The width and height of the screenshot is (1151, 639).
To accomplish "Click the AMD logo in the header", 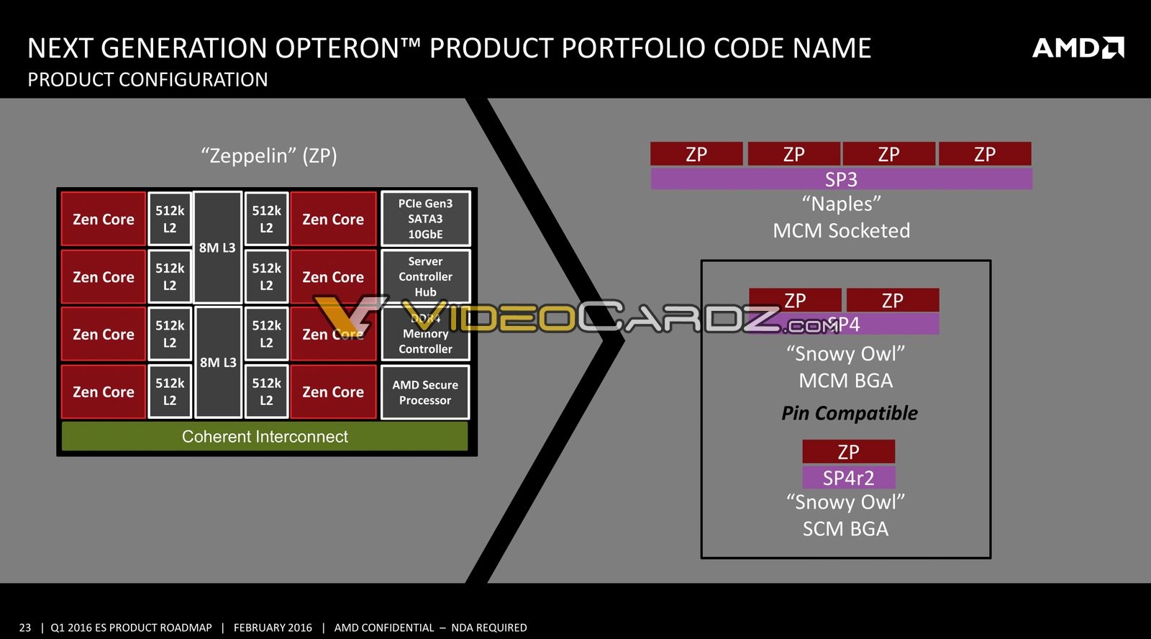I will (x=1078, y=48).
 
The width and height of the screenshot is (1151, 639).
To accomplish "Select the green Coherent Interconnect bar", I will (x=265, y=436).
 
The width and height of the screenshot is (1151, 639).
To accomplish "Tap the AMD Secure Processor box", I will (x=425, y=392).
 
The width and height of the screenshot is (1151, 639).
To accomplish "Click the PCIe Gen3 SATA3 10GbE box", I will (x=425, y=219).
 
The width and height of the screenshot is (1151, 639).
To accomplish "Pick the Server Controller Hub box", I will (x=425, y=276).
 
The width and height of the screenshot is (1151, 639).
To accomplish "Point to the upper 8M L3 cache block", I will (x=217, y=247).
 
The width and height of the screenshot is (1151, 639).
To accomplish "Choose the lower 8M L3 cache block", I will (x=218, y=362).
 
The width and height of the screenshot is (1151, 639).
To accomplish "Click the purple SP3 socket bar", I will (x=841, y=178).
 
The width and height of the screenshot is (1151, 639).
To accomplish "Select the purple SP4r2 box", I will (x=848, y=478).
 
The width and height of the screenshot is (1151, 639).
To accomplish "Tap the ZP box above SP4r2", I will (x=848, y=452).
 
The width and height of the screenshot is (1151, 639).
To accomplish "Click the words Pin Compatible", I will (x=849, y=413).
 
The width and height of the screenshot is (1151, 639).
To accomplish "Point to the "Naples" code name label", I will (x=841, y=204).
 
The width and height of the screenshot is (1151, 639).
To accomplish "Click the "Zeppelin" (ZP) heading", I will (x=269, y=155).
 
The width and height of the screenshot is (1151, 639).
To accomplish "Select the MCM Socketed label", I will (x=841, y=231).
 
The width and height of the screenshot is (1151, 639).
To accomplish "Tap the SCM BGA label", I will (x=845, y=529).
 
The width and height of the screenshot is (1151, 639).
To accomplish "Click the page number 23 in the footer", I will (x=25, y=627).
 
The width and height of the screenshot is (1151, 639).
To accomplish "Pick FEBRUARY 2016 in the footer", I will (x=273, y=627).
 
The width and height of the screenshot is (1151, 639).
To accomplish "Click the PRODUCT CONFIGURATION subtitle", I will (x=147, y=79).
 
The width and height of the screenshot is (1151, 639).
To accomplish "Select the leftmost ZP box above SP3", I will (x=696, y=154).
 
